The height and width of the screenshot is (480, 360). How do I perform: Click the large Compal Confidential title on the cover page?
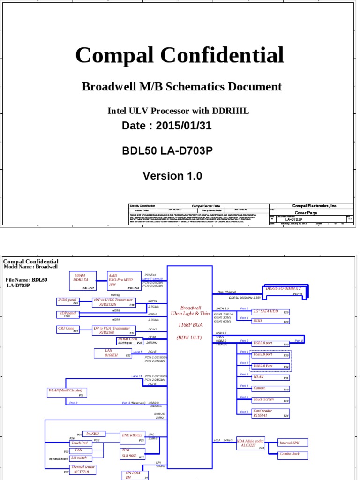(x=180, y=55)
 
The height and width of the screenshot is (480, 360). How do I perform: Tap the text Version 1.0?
(x=172, y=176)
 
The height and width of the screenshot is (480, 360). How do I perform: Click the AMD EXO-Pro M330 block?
(x=124, y=280)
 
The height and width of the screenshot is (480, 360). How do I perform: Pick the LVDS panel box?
(x=68, y=301)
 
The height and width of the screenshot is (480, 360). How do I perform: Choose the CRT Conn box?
(x=68, y=330)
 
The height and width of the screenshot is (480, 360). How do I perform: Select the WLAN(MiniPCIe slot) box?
(x=66, y=392)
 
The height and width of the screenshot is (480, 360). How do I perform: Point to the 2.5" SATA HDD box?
(x=270, y=311)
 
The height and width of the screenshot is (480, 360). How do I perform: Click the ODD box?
(x=270, y=321)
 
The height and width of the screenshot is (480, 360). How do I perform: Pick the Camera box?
(x=270, y=389)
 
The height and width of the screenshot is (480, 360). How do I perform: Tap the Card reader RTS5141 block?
(x=270, y=413)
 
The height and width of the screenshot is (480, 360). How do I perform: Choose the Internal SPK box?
(x=293, y=443)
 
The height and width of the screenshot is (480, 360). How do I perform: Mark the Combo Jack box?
(x=293, y=455)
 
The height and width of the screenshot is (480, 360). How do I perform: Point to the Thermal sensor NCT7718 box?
(x=83, y=470)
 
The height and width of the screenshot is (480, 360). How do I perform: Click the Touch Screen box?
(x=270, y=400)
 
